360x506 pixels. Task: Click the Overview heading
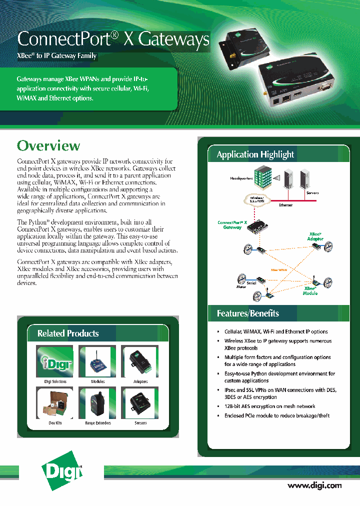48,146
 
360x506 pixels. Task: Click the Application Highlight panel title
255,154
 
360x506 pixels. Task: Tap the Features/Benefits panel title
247,313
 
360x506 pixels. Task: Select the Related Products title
68,333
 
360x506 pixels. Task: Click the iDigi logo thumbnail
54,361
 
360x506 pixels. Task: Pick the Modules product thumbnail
97,361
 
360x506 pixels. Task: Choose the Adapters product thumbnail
140,361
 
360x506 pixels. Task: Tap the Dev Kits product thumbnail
54,403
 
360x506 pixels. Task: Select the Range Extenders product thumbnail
97,403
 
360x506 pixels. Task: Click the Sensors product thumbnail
140,403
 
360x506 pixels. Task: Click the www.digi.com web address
314,485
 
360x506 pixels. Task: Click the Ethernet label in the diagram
286,205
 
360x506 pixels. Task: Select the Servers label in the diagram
312,193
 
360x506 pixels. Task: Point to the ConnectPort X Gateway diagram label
232,225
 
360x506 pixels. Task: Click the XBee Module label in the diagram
310,290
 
